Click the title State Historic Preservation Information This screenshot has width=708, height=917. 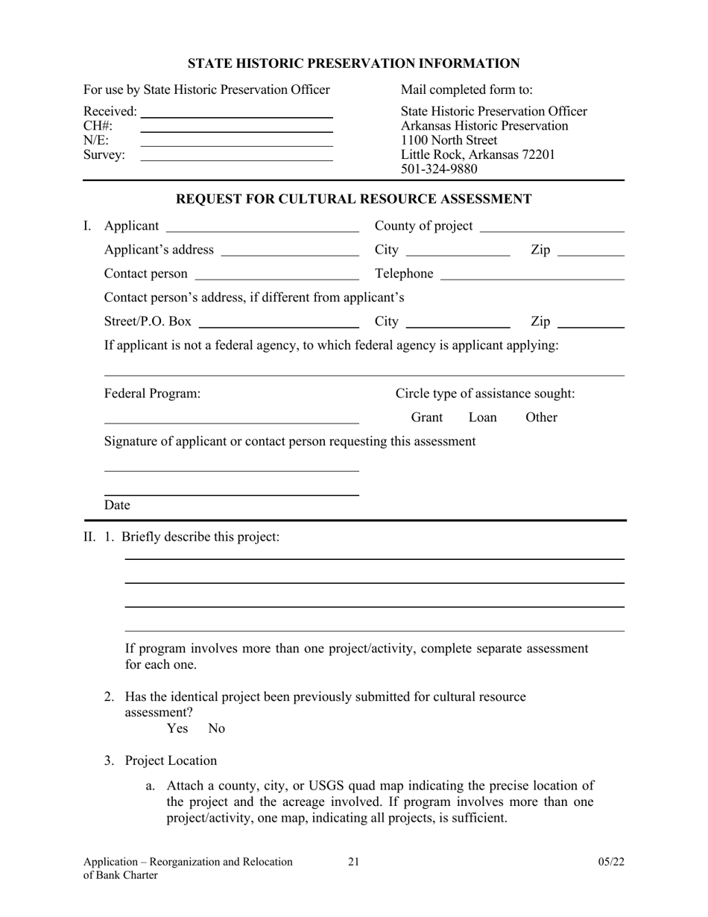(x=353, y=64)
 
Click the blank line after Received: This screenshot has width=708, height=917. (x=236, y=115)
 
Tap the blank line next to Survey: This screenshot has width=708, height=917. (x=236, y=157)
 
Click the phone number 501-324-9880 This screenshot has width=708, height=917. (x=439, y=169)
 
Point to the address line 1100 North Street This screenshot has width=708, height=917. (x=449, y=140)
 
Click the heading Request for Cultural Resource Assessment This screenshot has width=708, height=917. (x=353, y=199)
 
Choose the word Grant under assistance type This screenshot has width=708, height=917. (x=427, y=417)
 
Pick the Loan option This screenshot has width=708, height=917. (x=482, y=417)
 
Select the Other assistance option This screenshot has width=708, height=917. (x=541, y=417)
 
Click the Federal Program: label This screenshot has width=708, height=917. (x=152, y=394)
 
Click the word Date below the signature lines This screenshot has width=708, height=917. (x=117, y=505)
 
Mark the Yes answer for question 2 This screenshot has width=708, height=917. (x=177, y=728)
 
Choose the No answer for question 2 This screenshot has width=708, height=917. (x=216, y=728)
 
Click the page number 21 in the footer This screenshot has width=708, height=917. (x=353, y=863)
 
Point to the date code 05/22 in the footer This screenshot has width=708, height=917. (x=610, y=863)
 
